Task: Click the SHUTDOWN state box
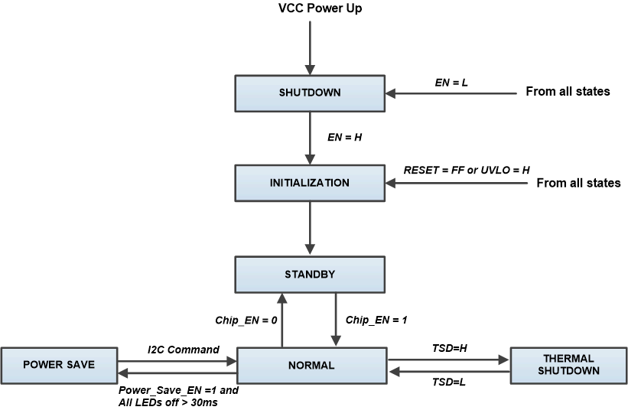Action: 309,93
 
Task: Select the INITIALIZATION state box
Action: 309,184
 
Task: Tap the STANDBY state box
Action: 309,274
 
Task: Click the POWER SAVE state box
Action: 59,364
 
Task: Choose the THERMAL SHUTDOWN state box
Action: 567,364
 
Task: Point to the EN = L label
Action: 451,79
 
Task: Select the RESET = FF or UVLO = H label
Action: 467,169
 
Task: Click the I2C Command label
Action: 184,350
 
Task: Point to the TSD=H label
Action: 449,348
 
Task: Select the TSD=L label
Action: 449,382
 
